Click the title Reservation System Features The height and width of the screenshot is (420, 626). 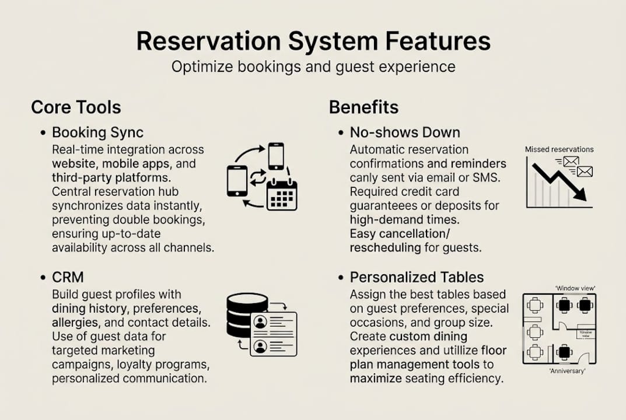click(313, 42)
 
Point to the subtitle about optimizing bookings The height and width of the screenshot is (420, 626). click(313, 66)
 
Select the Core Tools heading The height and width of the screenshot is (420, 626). click(76, 107)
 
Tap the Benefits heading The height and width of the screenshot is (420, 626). click(363, 107)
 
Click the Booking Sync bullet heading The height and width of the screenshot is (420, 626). click(97, 132)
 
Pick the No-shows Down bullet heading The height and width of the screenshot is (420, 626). click(405, 132)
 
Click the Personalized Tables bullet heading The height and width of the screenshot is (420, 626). click(417, 278)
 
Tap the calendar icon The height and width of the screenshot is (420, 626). click(282, 195)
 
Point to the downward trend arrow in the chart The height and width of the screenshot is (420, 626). click(561, 181)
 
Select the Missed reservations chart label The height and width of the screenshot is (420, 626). click(559, 149)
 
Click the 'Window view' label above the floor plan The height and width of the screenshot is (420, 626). click(575, 288)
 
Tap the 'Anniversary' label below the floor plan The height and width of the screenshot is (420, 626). click(567, 371)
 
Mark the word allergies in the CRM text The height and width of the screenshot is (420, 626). click(72, 322)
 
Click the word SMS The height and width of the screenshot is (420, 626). click(488, 177)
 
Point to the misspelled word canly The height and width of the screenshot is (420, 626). click(365, 177)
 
